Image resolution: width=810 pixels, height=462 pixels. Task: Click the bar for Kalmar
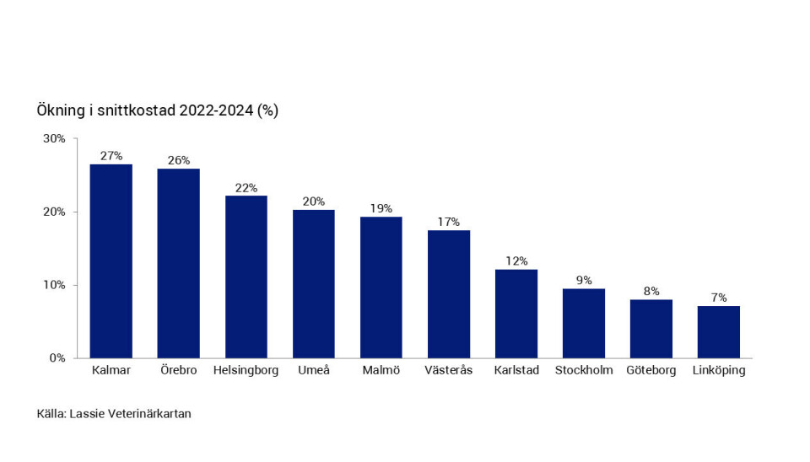click(111, 261)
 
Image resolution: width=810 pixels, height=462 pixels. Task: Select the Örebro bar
click(178, 263)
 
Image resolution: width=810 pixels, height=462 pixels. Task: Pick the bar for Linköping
click(718, 332)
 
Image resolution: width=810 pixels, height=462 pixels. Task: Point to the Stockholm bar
click(583, 324)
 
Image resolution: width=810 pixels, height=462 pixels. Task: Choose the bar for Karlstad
click(516, 314)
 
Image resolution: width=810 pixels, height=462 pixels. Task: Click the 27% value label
click(111, 156)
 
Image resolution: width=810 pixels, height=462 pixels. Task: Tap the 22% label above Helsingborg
click(246, 188)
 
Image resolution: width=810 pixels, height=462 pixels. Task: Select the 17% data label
click(448, 223)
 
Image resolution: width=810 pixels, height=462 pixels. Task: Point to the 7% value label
click(718, 298)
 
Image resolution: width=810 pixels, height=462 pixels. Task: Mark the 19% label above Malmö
click(381, 208)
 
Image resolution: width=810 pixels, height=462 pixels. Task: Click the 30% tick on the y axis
click(54, 138)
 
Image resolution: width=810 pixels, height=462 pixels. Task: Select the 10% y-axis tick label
click(54, 285)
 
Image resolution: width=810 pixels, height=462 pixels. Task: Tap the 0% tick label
click(57, 358)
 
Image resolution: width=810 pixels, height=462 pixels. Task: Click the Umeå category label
click(313, 371)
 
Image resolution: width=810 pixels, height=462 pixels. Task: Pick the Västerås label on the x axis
click(448, 371)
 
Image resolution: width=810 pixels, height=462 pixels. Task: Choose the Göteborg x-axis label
click(651, 371)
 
